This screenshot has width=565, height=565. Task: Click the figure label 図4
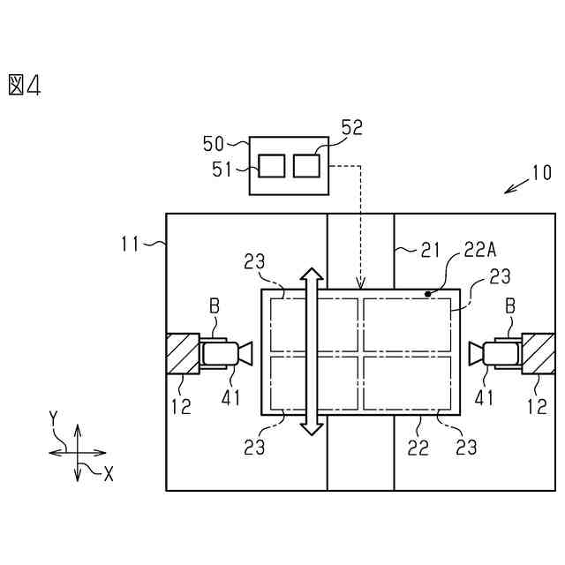pyautogui.click(x=25, y=85)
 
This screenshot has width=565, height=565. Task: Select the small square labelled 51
pyautogui.click(x=272, y=165)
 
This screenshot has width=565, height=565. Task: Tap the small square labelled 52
pyautogui.click(x=306, y=165)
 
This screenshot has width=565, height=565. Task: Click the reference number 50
pyautogui.click(x=214, y=143)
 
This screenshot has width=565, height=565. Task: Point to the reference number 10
pyautogui.click(x=541, y=172)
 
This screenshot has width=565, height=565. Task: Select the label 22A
pyautogui.click(x=480, y=252)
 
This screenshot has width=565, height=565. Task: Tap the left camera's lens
pyautogui.click(x=245, y=354)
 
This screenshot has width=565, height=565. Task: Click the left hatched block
pyautogui.click(x=182, y=353)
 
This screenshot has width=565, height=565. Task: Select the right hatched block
pyautogui.click(x=538, y=353)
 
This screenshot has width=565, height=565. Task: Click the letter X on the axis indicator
pyautogui.click(x=109, y=474)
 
